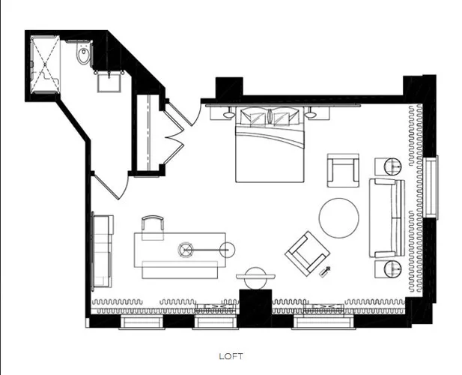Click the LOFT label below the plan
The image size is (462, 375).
click(x=231, y=356)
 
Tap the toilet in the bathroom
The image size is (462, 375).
click(x=84, y=54)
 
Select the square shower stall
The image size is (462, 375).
click(x=46, y=64)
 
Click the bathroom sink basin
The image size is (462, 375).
click(x=109, y=83)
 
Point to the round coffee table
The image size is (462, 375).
click(x=339, y=218)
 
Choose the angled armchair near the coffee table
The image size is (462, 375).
click(x=307, y=253)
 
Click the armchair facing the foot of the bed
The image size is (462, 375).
click(x=343, y=170)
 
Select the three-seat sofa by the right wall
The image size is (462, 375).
click(x=387, y=217)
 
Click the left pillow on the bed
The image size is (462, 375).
click(x=254, y=116)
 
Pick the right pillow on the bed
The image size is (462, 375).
click(x=285, y=116)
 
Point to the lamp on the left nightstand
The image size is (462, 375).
click(x=229, y=114)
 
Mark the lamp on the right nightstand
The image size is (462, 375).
click(x=310, y=114)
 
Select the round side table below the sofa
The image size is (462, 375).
click(x=393, y=269)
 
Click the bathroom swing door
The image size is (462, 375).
click(x=112, y=187)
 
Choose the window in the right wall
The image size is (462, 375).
click(x=431, y=187)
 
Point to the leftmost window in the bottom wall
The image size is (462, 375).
click(x=142, y=322)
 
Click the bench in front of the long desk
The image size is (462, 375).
click(x=180, y=270)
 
